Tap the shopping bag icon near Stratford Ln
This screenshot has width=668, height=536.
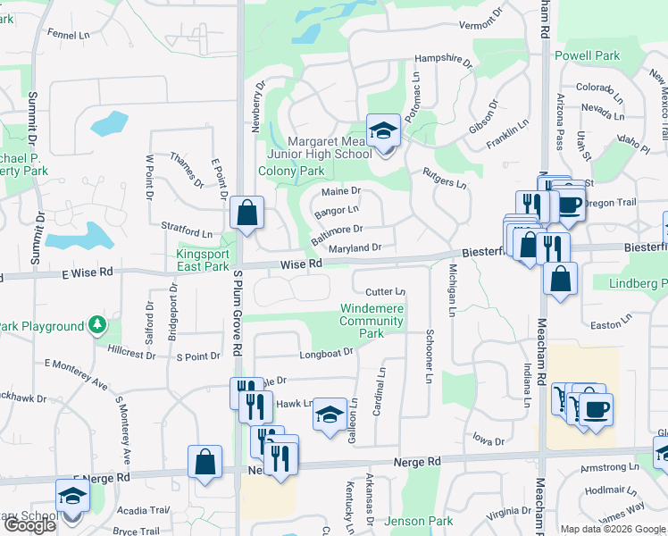pyautogui.click(x=246, y=214)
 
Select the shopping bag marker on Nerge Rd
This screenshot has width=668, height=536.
pyautogui.click(x=205, y=463)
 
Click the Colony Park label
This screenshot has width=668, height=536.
pyautogui.click(x=291, y=171)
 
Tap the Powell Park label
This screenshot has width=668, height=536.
pyautogui.click(x=587, y=55)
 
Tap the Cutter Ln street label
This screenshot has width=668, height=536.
pyautogui.click(x=385, y=292)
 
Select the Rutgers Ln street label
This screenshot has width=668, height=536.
pyautogui.click(x=444, y=179)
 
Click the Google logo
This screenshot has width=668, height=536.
pyautogui.click(x=29, y=525)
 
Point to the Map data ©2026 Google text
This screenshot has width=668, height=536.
pyautogui.click(x=613, y=529)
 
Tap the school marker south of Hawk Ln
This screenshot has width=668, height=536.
pyautogui.click(x=330, y=415)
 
